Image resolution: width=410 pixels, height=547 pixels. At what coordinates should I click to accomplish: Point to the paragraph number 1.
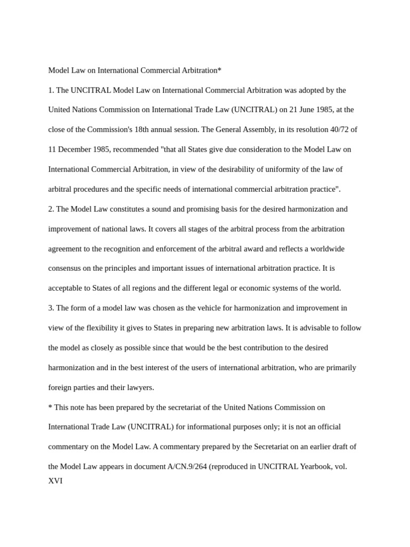point(51,90)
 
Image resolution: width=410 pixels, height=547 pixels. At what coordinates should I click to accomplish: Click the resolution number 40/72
point(337,130)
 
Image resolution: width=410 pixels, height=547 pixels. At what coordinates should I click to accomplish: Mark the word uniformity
point(282,169)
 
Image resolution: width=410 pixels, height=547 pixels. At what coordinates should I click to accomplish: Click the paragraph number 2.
point(51,209)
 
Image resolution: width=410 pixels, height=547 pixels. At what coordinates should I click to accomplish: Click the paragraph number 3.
point(51,308)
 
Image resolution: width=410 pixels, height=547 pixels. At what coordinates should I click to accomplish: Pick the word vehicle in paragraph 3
point(220,308)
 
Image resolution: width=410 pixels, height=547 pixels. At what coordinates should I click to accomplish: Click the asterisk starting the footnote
point(50,407)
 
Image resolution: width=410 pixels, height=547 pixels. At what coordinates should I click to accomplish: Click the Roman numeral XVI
point(56,481)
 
